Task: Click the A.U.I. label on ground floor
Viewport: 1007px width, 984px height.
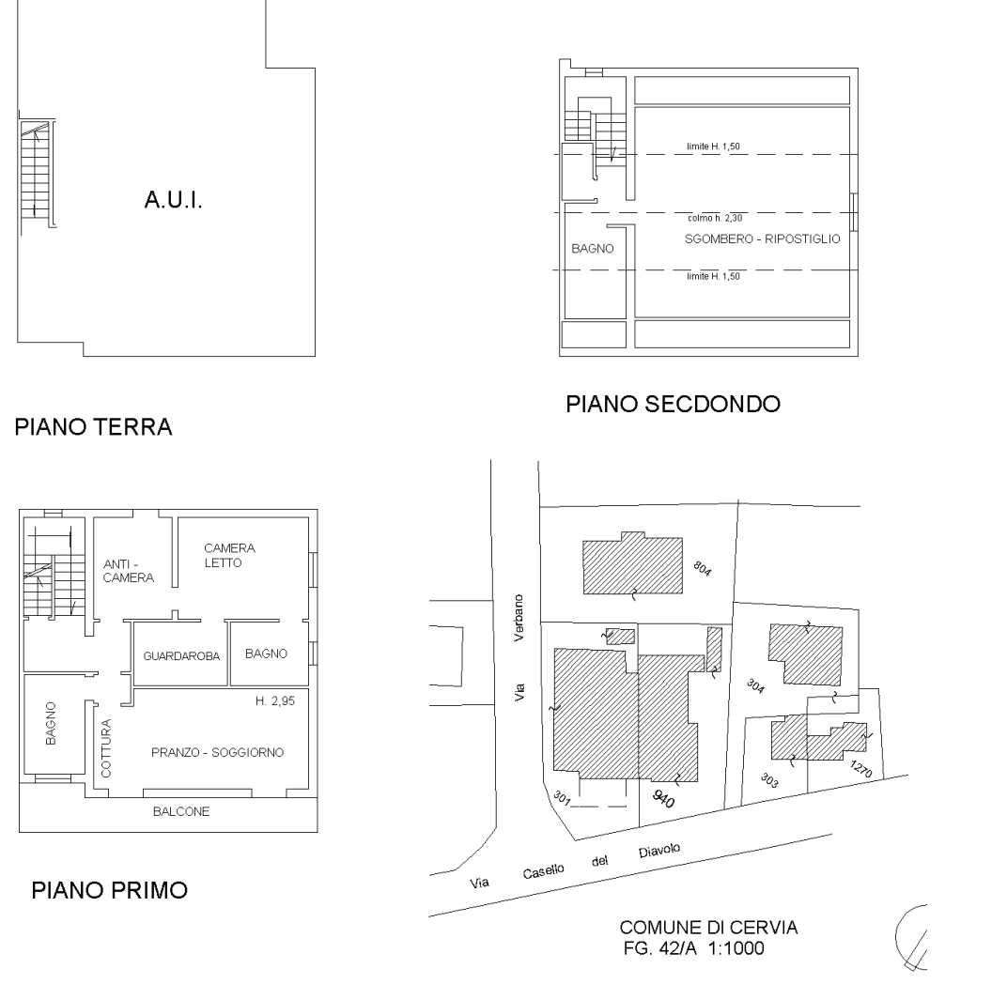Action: pos(174,200)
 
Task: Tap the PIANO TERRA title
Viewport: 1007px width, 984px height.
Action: pos(94,427)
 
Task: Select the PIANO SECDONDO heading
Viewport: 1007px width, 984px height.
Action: pos(673,405)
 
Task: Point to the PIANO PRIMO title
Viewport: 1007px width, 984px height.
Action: pos(110,890)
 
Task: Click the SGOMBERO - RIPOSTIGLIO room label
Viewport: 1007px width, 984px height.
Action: pos(763,238)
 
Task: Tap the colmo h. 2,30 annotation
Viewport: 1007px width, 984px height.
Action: pos(715,218)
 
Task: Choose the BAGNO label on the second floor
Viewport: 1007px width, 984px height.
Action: pos(593,249)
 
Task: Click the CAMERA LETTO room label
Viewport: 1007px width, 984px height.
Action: pos(229,555)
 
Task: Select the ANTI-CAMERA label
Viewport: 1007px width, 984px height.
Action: pos(129,571)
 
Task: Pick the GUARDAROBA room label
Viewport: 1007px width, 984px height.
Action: pos(181,656)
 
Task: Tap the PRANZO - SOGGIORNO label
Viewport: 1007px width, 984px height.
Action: pos(218,752)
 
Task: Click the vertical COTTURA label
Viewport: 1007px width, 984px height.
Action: pos(106,747)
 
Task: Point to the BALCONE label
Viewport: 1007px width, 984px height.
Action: pos(181,811)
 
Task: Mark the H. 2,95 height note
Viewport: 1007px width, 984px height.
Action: pos(275,701)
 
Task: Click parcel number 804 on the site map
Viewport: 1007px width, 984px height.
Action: pos(703,569)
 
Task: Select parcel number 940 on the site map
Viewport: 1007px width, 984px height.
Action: pos(663,798)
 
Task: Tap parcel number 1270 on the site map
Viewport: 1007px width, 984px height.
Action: pos(861,768)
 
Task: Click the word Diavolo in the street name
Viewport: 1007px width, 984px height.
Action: pos(659,851)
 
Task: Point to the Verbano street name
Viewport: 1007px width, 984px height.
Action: pos(519,618)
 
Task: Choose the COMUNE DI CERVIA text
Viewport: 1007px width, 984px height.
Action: pos(709,928)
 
